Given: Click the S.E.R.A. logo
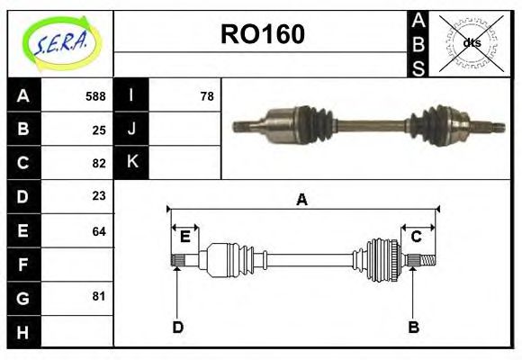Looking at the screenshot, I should pyautogui.click(x=60, y=43).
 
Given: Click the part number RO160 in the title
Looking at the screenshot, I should pyautogui.click(x=262, y=34).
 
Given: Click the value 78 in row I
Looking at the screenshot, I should pyautogui.click(x=206, y=96).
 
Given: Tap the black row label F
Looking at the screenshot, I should pyautogui.click(x=22, y=265).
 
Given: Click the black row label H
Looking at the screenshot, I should pyautogui.click(x=22, y=331).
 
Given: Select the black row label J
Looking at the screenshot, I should pyautogui.click(x=131, y=129).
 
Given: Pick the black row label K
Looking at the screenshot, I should pyautogui.click(x=131, y=162).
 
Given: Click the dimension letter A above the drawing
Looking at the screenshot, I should pyautogui.click(x=301, y=200).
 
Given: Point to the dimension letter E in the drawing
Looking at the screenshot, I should pyautogui.click(x=184, y=237).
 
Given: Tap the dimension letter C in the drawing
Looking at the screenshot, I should pyautogui.click(x=417, y=237).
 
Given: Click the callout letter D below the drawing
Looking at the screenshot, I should pyautogui.click(x=177, y=327).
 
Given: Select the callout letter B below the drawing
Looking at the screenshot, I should pyautogui.click(x=413, y=327).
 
